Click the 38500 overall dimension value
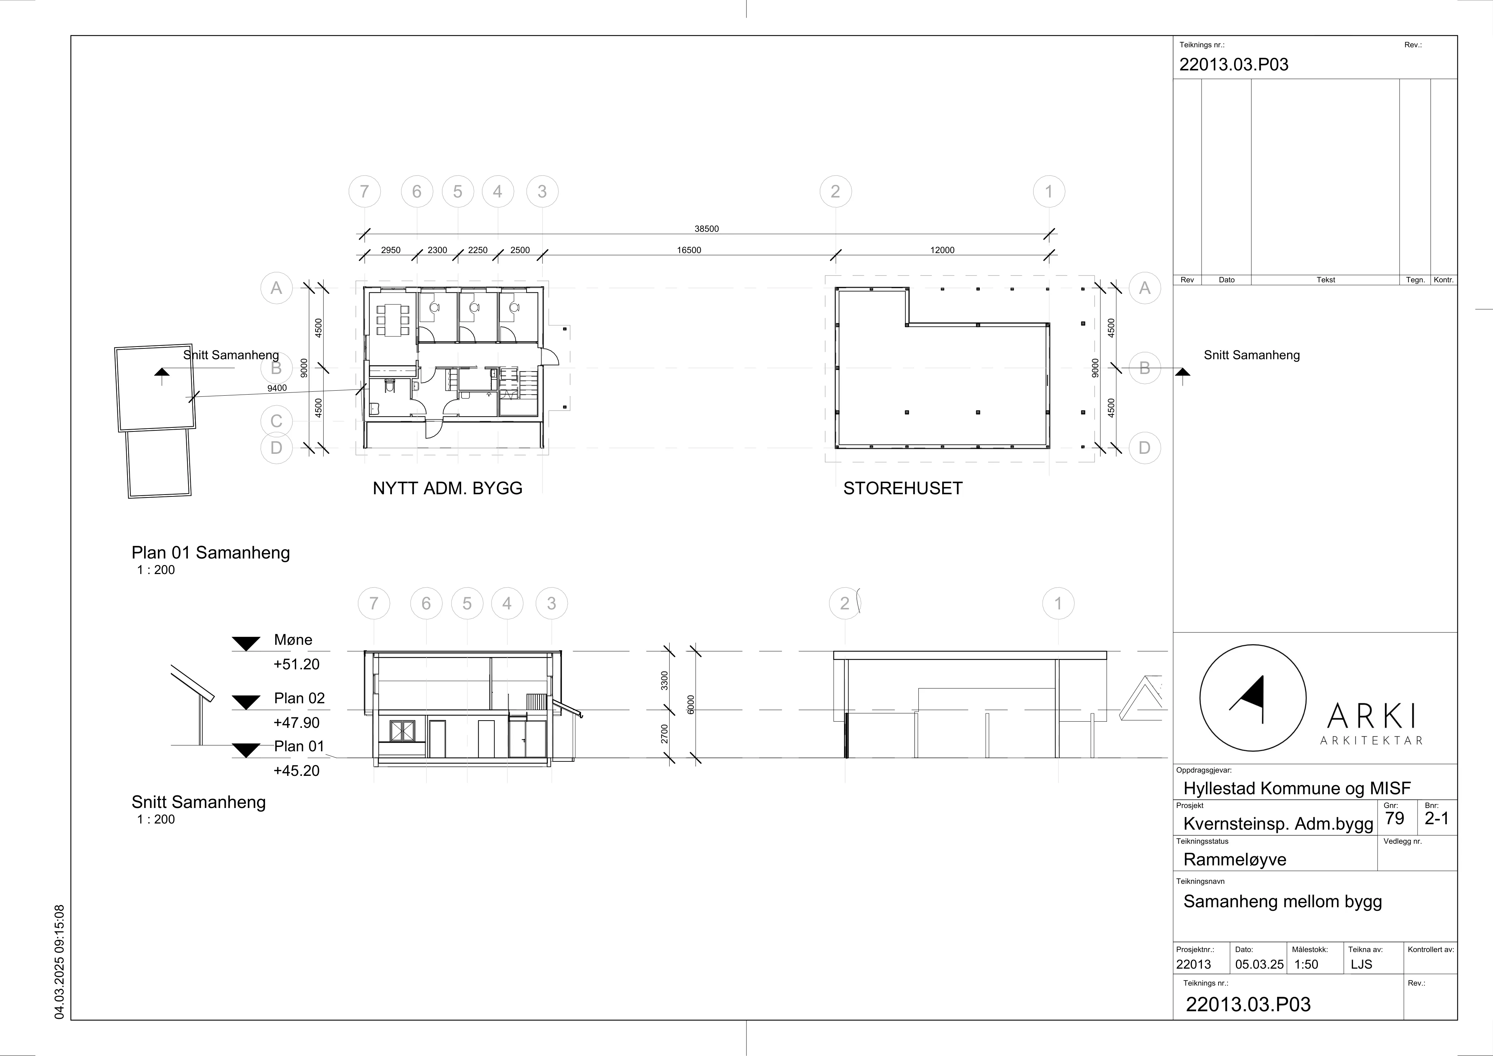pyautogui.click(x=706, y=229)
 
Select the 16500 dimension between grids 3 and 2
pyautogui.click(x=689, y=250)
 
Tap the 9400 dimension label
pyautogui.click(x=277, y=388)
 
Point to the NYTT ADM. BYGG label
pyautogui.click(x=447, y=488)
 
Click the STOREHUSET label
pyautogui.click(x=903, y=488)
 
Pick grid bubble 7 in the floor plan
pyautogui.click(x=364, y=191)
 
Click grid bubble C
pyautogui.click(x=277, y=421)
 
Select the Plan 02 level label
pyautogui.click(x=299, y=698)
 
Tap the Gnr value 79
pyautogui.click(x=1394, y=818)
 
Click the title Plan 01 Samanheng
pyautogui.click(x=211, y=553)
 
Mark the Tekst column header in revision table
pyautogui.click(x=1326, y=279)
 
